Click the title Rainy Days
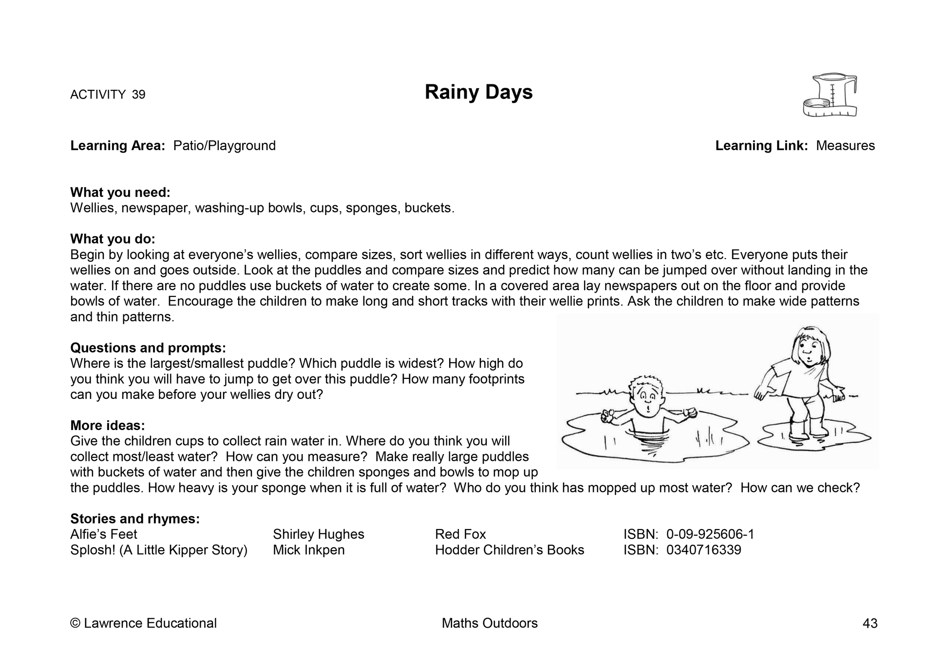(x=478, y=92)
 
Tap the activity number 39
(x=138, y=95)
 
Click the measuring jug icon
(x=830, y=95)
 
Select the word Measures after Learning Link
(x=845, y=146)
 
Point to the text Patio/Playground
(x=225, y=146)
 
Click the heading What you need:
(x=120, y=193)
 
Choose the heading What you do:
(x=113, y=239)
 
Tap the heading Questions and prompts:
(x=148, y=348)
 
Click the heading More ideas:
(x=108, y=426)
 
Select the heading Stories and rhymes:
(x=135, y=519)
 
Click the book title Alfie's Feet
(x=104, y=534)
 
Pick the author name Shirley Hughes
(x=319, y=534)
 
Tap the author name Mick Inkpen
(x=309, y=550)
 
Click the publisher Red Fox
(x=460, y=534)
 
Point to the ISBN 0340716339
(x=703, y=550)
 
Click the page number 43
(x=870, y=623)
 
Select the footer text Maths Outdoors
(x=490, y=623)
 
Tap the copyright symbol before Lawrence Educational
(x=75, y=623)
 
